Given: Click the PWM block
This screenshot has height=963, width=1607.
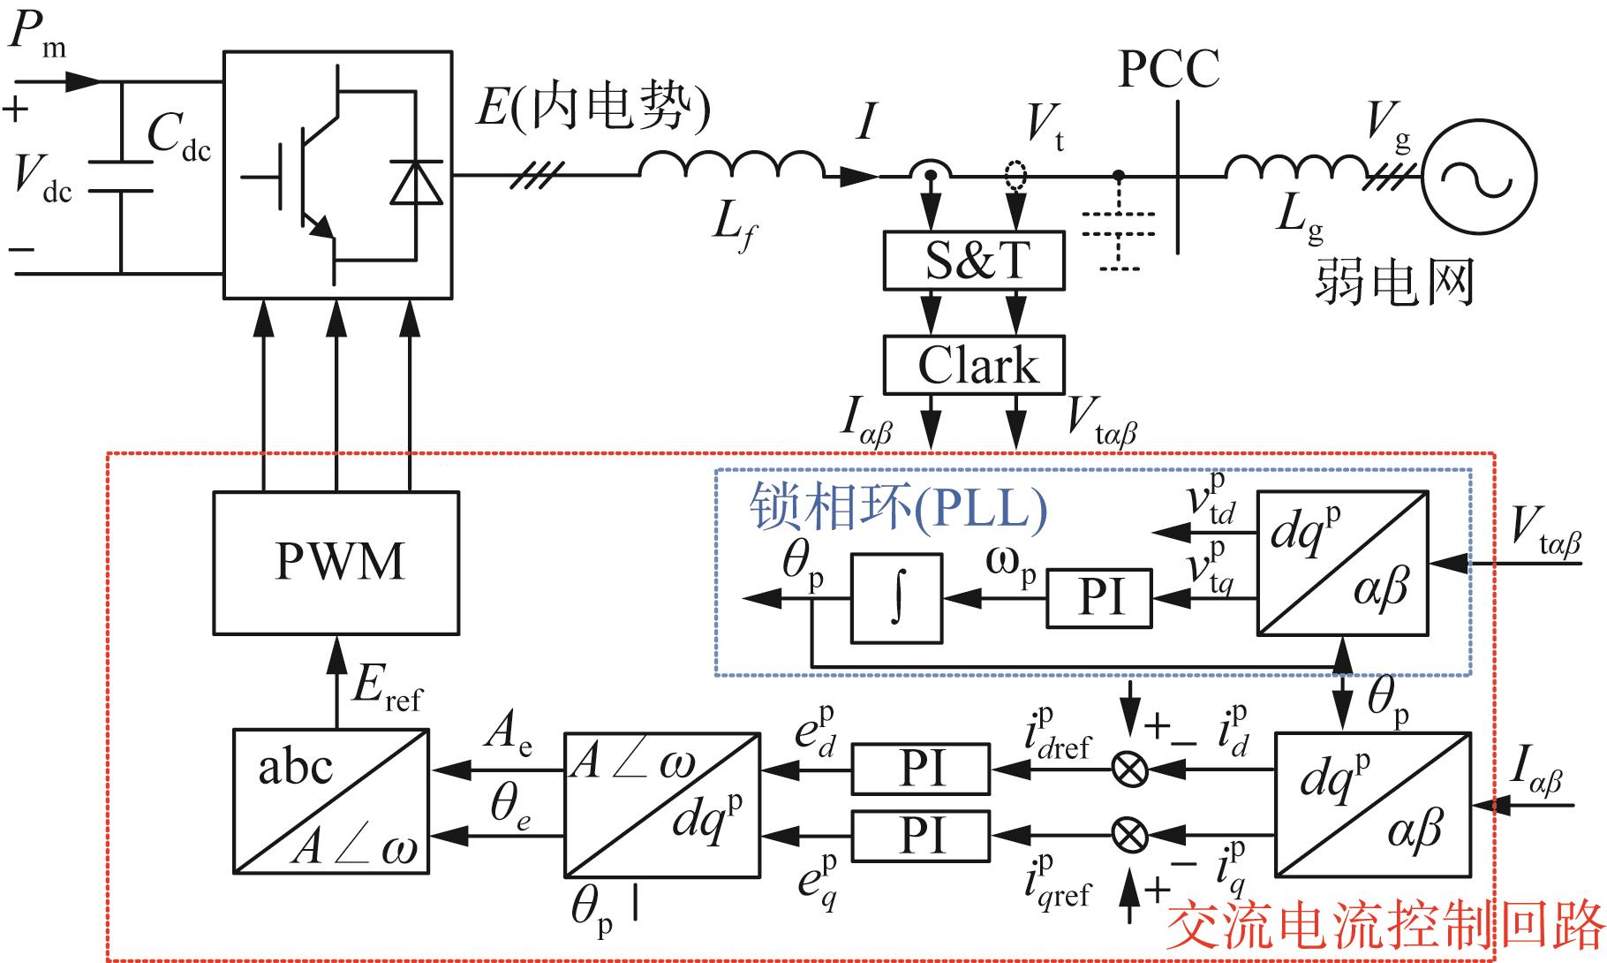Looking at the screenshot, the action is click(336, 563).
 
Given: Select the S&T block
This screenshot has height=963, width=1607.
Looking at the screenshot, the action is click(974, 261).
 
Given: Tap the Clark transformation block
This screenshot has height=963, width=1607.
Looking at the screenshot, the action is click(974, 365).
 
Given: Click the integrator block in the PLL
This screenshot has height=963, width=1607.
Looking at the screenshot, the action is click(896, 598).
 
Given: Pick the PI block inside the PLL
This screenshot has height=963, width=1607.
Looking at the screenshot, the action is click(1100, 598).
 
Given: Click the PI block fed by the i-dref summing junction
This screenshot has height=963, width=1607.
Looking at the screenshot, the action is click(921, 769).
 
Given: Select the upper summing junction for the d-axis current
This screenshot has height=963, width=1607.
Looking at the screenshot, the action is click(1129, 770).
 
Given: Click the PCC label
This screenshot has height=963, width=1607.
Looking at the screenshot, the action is click(1168, 68).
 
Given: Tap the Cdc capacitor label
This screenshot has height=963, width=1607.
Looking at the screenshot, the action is click(179, 137).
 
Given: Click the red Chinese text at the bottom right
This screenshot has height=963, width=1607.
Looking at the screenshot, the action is click(1384, 926).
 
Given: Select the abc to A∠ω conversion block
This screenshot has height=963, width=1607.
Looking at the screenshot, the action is click(331, 801).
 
